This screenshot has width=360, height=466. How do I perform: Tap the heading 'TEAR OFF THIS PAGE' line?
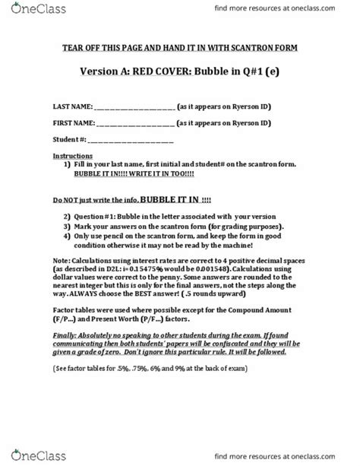click(x=180, y=48)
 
